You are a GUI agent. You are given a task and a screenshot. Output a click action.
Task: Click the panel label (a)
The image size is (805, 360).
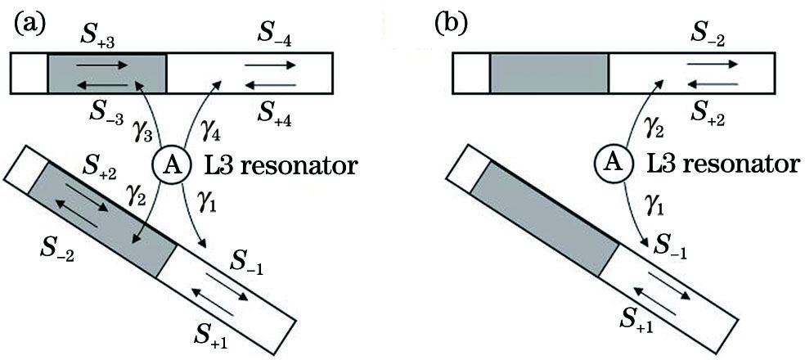[29, 22]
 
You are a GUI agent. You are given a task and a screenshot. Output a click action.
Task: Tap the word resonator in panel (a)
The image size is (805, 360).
[310, 167]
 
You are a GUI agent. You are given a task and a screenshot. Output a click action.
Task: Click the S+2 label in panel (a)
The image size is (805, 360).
[97, 173]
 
